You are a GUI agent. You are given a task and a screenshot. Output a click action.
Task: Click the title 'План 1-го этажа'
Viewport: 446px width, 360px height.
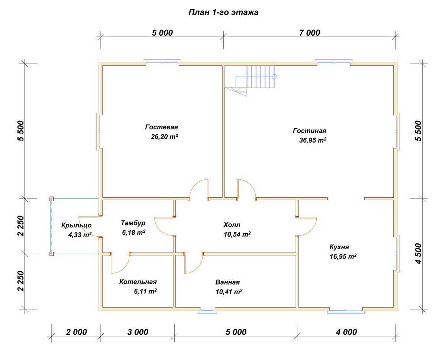[223, 12]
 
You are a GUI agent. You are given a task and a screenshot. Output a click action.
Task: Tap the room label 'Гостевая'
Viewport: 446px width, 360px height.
[161, 127]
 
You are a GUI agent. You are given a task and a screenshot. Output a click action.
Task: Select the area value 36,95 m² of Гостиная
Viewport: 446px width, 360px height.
[313, 140]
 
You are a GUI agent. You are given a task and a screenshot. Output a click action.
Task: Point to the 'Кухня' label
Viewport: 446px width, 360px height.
[339, 247]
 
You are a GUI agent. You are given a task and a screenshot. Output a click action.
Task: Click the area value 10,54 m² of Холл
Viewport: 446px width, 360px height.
[237, 234]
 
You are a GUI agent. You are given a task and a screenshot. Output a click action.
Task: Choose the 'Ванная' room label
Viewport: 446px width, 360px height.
[227, 282]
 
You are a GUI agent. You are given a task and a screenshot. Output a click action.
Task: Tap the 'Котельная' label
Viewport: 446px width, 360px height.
[138, 282]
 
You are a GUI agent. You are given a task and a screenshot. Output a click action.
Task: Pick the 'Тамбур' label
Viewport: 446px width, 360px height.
[133, 223]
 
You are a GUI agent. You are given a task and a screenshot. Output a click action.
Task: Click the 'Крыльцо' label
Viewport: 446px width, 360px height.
[77, 225]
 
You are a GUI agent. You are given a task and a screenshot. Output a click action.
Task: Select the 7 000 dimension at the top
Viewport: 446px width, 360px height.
[310, 33]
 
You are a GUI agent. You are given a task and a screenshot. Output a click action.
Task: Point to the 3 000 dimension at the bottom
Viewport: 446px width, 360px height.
[138, 332]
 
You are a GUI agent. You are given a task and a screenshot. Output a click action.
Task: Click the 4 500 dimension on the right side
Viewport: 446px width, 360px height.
[418, 253]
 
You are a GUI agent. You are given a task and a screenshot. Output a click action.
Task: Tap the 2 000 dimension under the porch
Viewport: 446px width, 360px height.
[76, 332]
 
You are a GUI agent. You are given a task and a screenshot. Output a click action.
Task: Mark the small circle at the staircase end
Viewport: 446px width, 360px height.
[274, 77]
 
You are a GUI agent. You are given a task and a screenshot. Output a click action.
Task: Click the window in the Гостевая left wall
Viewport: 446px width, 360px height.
[98, 132]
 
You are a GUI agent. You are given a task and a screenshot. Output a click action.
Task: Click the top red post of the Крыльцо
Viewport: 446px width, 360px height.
[52, 199]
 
